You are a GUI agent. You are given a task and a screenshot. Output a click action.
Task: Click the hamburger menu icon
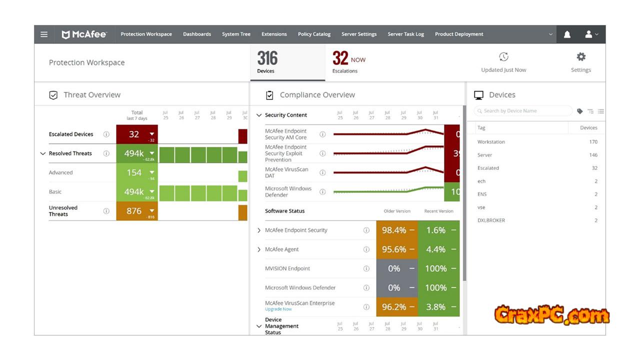(44, 34)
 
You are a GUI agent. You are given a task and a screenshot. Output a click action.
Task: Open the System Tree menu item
(236, 34)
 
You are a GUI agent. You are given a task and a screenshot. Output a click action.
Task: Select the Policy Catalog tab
(314, 34)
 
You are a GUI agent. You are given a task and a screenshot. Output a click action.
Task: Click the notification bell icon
(567, 34)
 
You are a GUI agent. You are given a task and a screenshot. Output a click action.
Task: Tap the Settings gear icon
(581, 57)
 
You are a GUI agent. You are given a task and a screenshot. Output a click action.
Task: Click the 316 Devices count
(267, 59)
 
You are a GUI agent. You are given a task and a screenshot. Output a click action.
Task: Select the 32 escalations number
(340, 58)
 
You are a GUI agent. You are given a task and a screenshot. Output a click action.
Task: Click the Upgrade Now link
(278, 309)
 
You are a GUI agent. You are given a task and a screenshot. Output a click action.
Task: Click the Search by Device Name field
(525, 111)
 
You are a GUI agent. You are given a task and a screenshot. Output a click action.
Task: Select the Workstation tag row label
(491, 142)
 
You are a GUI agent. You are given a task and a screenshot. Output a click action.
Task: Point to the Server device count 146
(593, 155)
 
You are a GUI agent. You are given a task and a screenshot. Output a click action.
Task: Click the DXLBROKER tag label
(491, 220)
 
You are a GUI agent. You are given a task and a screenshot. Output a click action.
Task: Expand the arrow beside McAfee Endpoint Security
(259, 230)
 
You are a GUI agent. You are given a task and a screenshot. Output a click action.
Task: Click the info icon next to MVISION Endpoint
(366, 268)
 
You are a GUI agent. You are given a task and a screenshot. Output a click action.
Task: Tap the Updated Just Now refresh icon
(503, 57)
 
